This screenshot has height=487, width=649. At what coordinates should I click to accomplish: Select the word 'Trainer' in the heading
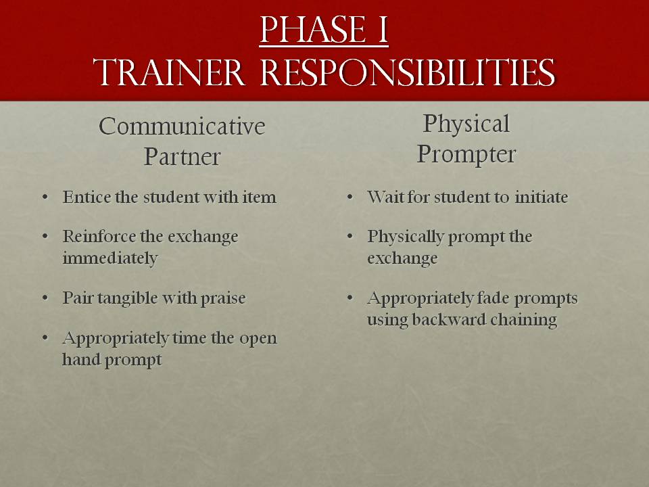(x=170, y=72)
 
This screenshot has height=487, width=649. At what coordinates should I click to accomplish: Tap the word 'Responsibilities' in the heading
(x=403, y=72)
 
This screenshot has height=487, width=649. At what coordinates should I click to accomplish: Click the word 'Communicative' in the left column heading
(x=182, y=126)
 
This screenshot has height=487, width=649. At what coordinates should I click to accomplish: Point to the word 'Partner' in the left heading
(x=182, y=157)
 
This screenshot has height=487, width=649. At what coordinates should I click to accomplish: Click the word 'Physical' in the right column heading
(x=466, y=124)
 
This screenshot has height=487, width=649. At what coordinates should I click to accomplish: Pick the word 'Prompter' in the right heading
(x=466, y=154)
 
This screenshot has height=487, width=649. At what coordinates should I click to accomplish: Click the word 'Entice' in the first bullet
(x=83, y=198)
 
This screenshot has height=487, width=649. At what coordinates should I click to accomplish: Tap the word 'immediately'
(x=110, y=258)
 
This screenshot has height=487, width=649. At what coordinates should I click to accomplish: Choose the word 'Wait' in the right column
(x=383, y=198)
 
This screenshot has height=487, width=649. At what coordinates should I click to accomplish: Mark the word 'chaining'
(x=526, y=319)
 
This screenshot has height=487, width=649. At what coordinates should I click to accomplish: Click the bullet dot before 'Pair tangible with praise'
(x=45, y=298)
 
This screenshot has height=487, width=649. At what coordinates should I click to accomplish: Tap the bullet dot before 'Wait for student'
(x=350, y=198)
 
